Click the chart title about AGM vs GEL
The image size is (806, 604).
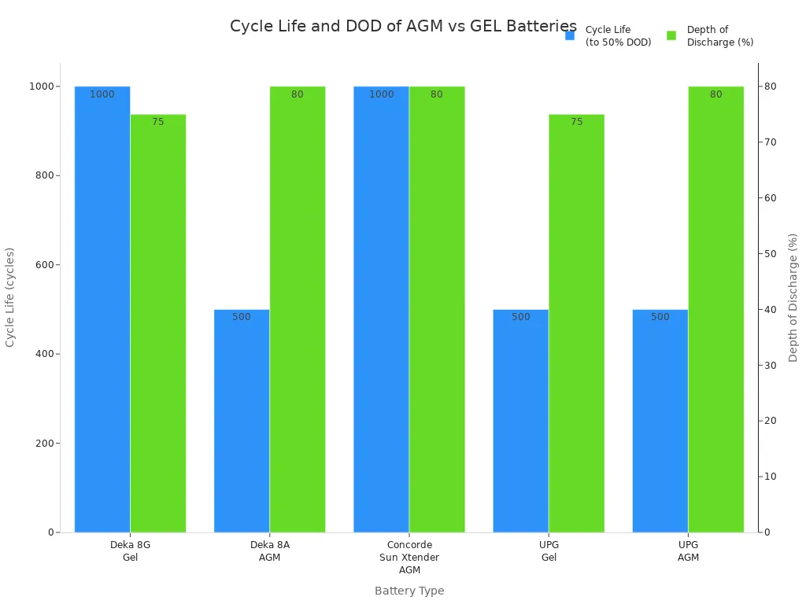coord(403,27)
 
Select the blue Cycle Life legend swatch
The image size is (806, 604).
coord(570,35)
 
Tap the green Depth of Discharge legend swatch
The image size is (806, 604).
coord(671,35)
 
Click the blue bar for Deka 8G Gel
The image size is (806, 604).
coord(102,315)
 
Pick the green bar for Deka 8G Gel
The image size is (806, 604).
coord(158,330)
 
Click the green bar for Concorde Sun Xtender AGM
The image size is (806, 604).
coord(437,315)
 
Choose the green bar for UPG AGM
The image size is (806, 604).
coord(715,315)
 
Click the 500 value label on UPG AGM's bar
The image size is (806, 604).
coord(660,317)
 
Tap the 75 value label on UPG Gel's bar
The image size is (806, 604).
coord(576,122)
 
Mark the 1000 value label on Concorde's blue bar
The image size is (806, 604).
coord(381,94)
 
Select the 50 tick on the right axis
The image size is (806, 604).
coord(772,254)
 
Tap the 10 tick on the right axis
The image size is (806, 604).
coord(772,477)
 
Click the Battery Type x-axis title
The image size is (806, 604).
coord(409,591)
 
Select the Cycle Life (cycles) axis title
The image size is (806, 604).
coord(10,297)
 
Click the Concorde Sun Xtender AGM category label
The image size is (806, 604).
coord(409,557)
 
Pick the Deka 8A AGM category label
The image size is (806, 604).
coord(270,551)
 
